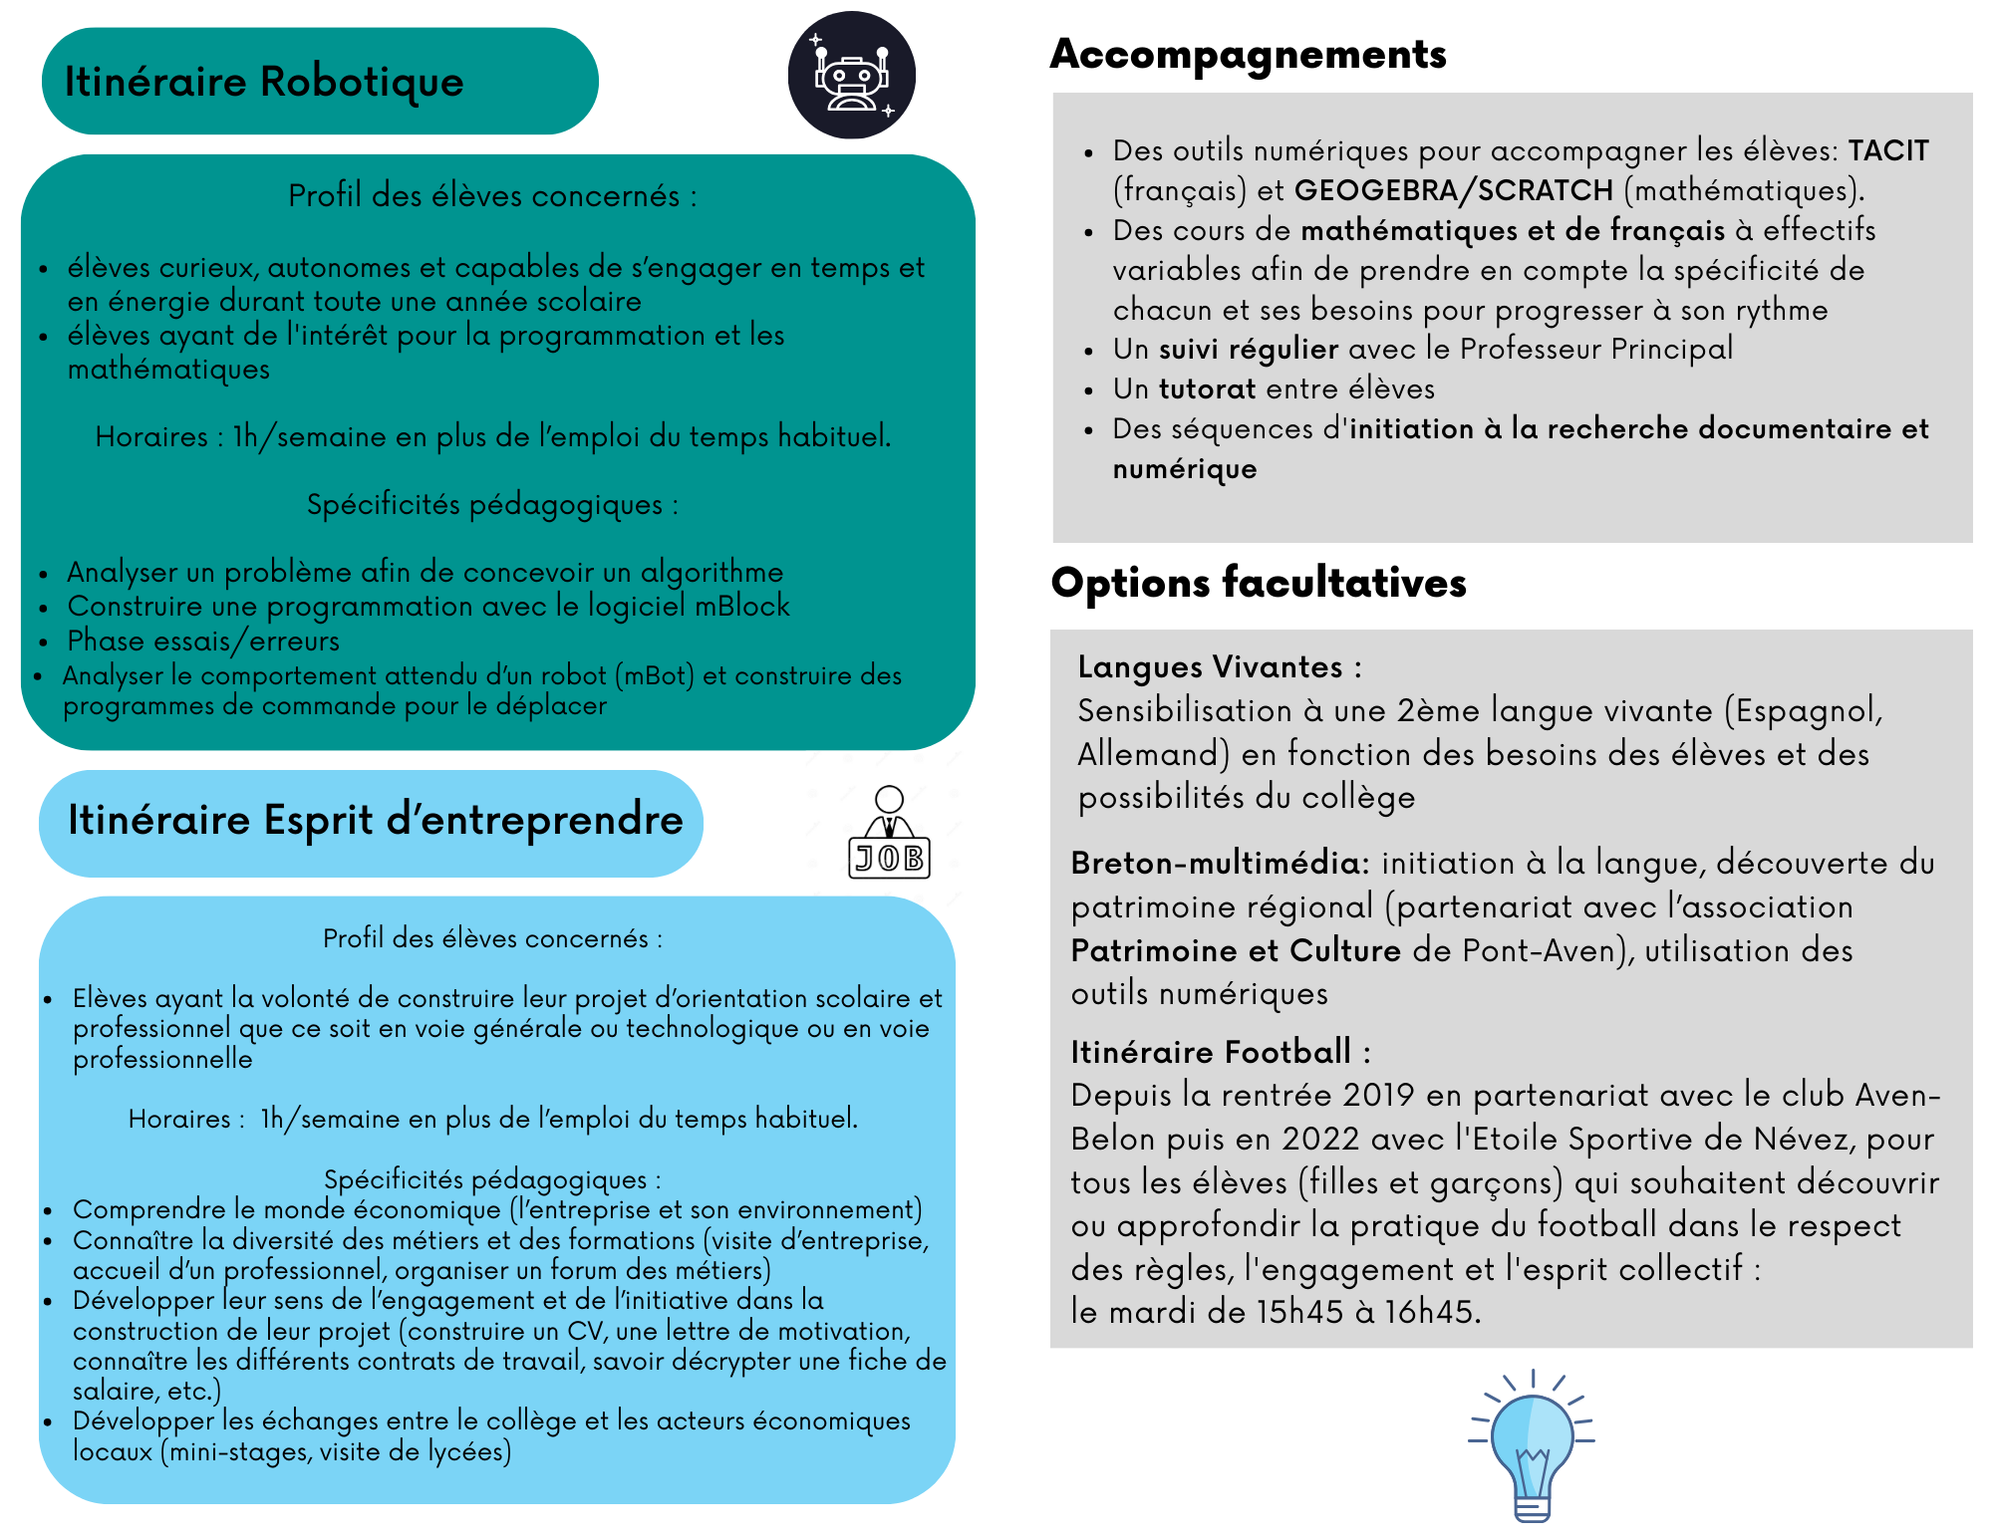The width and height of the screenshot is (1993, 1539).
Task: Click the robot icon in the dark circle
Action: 851,76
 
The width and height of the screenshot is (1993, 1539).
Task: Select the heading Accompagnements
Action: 1248,55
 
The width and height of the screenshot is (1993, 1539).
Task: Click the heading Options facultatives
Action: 1259,583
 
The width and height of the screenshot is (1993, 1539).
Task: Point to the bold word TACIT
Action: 1888,150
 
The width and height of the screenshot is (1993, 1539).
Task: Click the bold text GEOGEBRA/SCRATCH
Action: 1453,190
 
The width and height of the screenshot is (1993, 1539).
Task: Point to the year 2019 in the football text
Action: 1378,1096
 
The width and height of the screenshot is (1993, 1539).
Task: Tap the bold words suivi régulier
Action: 1249,349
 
